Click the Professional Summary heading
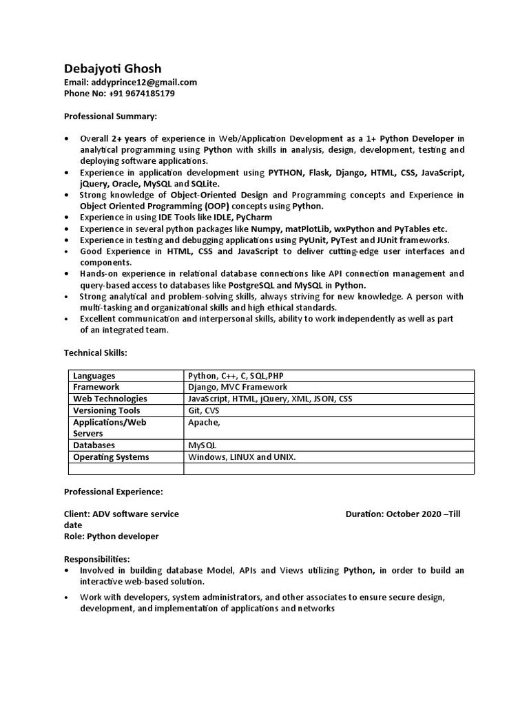(110, 116)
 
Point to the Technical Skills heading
(96, 352)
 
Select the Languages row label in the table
(94, 376)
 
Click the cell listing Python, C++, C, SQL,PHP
(236, 376)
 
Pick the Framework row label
(96, 387)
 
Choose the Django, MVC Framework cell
(238, 387)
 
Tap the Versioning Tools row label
(107, 410)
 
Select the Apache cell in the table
(204, 422)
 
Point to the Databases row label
(96, 445)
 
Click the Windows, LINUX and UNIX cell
(242, 457)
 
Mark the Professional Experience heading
(114, 492)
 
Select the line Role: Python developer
(112, 536)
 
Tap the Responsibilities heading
(97, 559)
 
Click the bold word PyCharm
(254, 218)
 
